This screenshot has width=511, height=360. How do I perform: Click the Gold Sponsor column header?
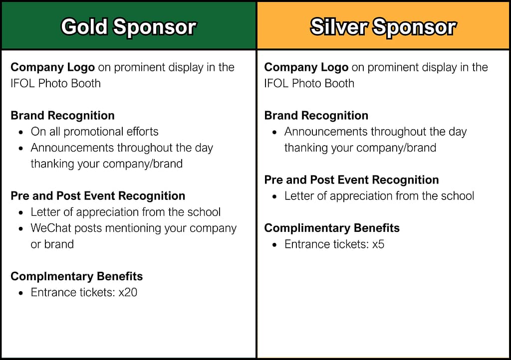point(128,27)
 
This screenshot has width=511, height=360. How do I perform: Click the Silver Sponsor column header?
point(383,27)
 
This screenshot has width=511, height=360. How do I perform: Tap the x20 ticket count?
point(128,292)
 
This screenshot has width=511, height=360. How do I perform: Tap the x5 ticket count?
point(378,244)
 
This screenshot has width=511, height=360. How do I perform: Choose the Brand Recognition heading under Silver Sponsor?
point(316,116)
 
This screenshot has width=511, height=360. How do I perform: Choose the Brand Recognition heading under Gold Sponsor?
point(62,116)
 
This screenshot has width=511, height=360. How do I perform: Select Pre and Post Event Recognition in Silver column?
point(351,180)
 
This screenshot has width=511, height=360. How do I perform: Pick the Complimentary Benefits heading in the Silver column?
point(332,228)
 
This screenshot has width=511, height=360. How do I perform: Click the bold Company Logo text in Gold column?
point(52,67)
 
